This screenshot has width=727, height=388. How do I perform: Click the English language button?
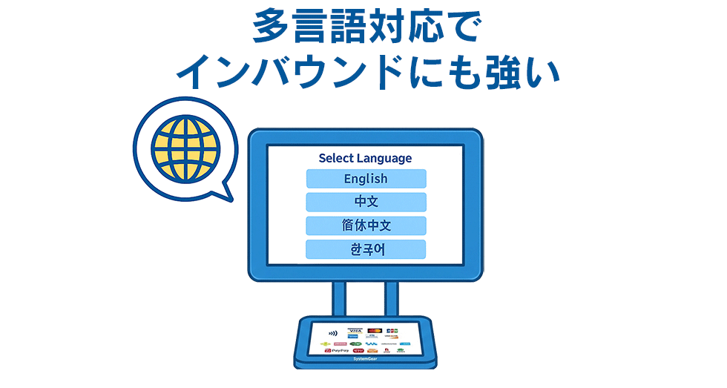click(x=366, y=179)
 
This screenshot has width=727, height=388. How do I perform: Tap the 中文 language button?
click(x=366, y=202)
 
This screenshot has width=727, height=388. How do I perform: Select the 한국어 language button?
click(x=366, y=249)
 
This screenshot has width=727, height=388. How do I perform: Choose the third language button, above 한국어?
click(x=366, y=226)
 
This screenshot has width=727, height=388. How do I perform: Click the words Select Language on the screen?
click(x=365, y=158)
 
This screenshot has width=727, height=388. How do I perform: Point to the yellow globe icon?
click(x=185, y=145)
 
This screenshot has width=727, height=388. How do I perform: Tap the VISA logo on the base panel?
click(x=355, y=331)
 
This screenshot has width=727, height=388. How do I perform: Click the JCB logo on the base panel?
click(x=392, y=330)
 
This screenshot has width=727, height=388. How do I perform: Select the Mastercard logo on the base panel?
click(x=374, y=330)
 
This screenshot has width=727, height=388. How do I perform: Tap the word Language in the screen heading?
click(x=384, y=158)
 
